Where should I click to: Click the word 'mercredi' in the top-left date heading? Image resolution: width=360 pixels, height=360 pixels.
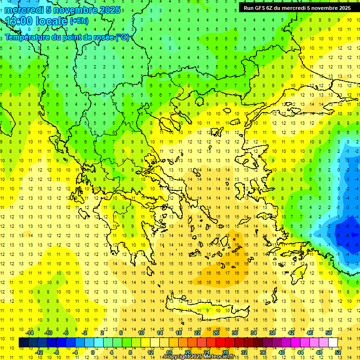(x=23, y=10)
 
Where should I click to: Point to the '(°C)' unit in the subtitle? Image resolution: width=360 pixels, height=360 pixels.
(x=122, y=37)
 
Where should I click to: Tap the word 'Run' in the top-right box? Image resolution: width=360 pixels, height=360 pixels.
(x=249, y=8)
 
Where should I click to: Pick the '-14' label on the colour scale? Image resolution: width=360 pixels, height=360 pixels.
(x=30, y=333)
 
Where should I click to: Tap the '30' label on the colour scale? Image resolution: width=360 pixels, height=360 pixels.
(x=234, y=333)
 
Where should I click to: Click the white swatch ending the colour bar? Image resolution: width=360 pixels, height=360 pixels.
(x=333, y=342)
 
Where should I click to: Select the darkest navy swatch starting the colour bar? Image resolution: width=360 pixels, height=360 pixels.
(x=23, y=342)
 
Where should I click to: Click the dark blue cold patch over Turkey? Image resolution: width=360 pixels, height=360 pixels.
(x=347, y=232)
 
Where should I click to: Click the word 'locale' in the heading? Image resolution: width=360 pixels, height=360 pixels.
(x=53, y=21)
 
